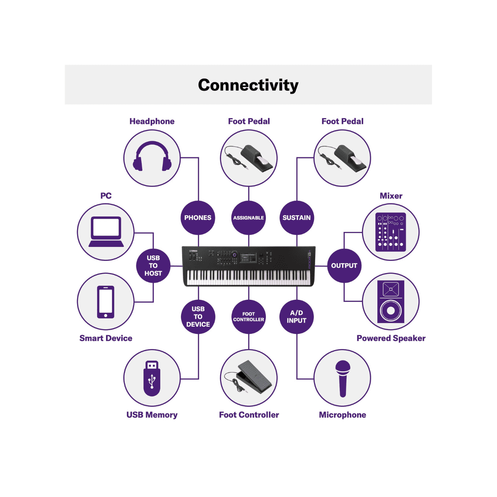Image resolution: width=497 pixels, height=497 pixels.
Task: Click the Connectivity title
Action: [x=248, y=85]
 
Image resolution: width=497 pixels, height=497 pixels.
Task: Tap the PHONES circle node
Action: [x=198, y=218]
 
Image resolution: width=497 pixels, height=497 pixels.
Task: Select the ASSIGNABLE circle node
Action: [x=248, y=218]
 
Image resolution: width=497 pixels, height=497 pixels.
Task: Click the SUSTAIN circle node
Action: [x=297, y=218]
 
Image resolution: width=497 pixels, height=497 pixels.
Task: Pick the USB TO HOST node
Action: [x=153, y=265]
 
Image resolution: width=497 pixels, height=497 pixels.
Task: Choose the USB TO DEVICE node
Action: [x=198, y=317]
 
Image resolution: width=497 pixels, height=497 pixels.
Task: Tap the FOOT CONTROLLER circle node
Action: [x=248, y=317]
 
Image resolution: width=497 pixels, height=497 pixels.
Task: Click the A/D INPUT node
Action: [x=297, y=317]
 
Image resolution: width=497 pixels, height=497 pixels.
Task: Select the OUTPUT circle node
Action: [x=344, y=265]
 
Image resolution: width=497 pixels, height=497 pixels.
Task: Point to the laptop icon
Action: [x=106, y=232]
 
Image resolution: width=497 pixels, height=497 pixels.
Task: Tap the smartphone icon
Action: [x=106, y=302]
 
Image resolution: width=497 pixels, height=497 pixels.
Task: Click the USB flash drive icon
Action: [x=152, y=378]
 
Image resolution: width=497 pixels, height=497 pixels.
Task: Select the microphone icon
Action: [x=343, y=378]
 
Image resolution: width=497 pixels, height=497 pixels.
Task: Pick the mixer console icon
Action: [x=391, y=232]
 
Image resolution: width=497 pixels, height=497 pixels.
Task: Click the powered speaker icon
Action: [x=391, y=302]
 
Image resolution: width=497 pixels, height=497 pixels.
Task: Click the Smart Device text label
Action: [x=106, y=338]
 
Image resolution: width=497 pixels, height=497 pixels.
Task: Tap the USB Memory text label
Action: [x=152, y=415]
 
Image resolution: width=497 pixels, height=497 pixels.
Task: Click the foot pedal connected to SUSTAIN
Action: [x=343, y=158]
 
